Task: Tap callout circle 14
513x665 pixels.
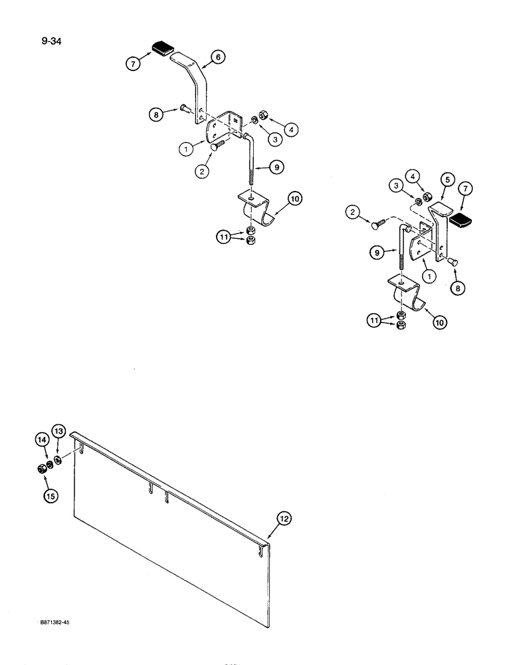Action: (x=42, y=440)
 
